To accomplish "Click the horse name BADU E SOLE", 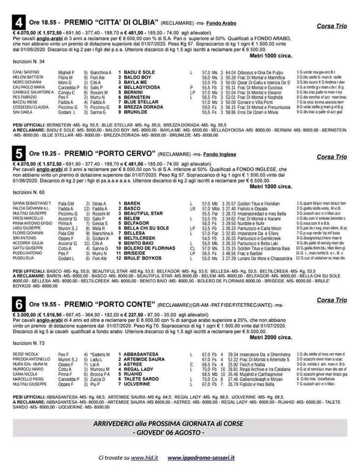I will pyautogui.click(x=139, y=73).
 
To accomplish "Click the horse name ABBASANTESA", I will pyautogui.click(x=141, y=354).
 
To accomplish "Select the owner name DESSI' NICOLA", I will pyautogui.click(x=25, y=354).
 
